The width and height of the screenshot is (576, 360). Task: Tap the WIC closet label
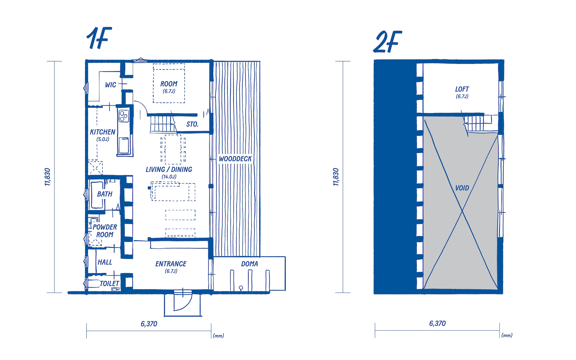111,85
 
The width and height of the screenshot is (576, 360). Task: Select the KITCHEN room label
103,132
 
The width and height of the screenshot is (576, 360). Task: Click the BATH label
105,194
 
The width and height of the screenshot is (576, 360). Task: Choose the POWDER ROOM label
105,231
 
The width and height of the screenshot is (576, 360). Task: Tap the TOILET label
110,284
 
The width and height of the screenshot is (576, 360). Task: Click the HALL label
105,262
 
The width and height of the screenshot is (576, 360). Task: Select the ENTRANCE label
171,264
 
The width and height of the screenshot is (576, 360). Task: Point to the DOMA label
249,264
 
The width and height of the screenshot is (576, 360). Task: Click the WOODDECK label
235,159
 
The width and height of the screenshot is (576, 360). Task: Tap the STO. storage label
192,124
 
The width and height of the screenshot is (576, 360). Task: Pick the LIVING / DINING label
169,169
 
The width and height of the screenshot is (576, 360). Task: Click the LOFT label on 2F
462,89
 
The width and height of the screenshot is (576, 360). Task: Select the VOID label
462,188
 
